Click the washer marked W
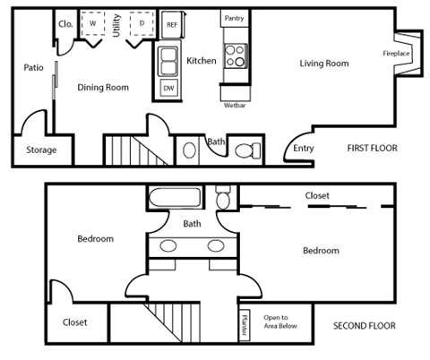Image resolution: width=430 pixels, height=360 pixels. point(92,24)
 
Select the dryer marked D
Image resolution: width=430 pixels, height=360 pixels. point(142,24)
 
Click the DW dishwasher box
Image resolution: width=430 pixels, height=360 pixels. point(168,88)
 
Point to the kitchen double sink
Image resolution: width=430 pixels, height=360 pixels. point(168,62)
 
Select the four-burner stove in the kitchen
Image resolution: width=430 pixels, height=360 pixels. point(234,56)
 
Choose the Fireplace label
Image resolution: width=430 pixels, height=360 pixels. point(396,54)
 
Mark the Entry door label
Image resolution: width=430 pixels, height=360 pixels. point(304,149)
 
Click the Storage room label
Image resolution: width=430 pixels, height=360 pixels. point(41,150)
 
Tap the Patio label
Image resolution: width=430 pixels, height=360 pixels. point(34,67)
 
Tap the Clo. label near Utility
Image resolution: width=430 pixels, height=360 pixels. point(64,24)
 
